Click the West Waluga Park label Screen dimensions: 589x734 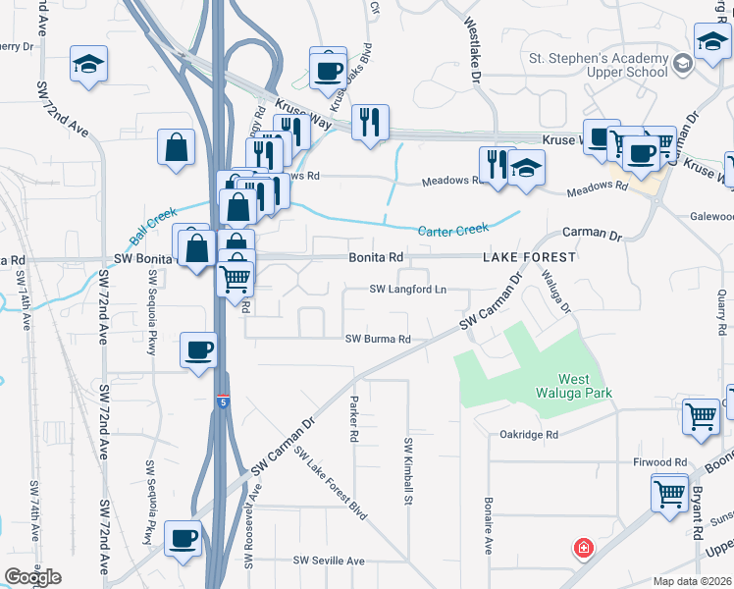tap(586, 386)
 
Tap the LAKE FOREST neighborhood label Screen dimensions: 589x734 tap(528, 257)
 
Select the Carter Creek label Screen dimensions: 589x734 tap(453, 230)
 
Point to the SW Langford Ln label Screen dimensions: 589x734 tap(407, 290)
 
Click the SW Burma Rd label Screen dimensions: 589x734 tap(378, 339)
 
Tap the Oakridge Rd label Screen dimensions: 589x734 tap(528, 434)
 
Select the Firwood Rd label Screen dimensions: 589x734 tap(660, 461)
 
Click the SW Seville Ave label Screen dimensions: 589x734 tap(330, 561)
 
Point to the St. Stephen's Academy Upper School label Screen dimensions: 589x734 tap(599, 65)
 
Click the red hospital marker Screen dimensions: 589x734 tap(583, 547)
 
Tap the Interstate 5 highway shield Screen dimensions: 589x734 tap(225, 400)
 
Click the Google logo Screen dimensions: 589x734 tap(32, 577)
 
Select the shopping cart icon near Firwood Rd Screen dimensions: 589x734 tap(670, 491)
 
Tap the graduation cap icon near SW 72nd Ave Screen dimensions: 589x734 tap(88, 64)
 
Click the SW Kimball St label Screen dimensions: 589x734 tap(407, 472)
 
